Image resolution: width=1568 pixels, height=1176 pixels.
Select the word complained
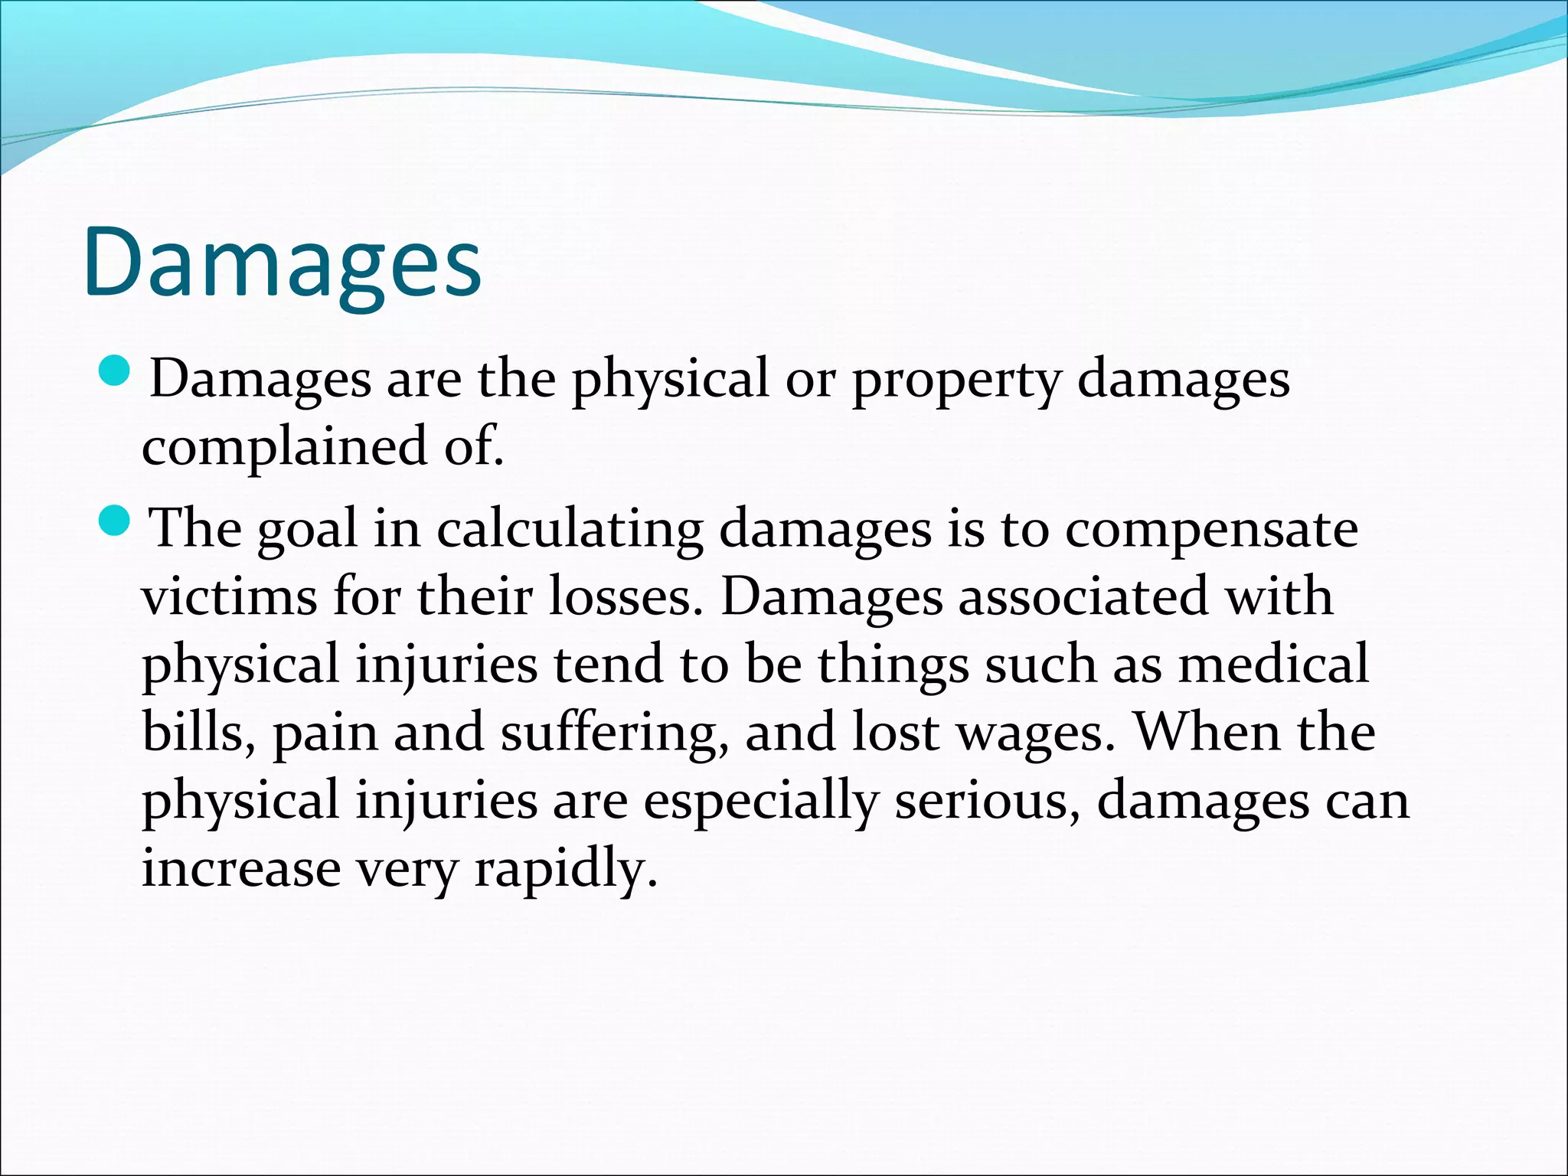(x=284, y=448)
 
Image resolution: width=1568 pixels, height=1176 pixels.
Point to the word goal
(x=306, y=531)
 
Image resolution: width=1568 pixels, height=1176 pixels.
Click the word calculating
(x=570, y=531)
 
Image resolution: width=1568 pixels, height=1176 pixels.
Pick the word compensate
(x=1211, y=531)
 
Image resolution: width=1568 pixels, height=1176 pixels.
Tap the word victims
(x=229, y=596)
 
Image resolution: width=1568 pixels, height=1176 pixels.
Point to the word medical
(x=1273, y=664)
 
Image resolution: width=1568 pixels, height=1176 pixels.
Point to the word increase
(x=241, y=869)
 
